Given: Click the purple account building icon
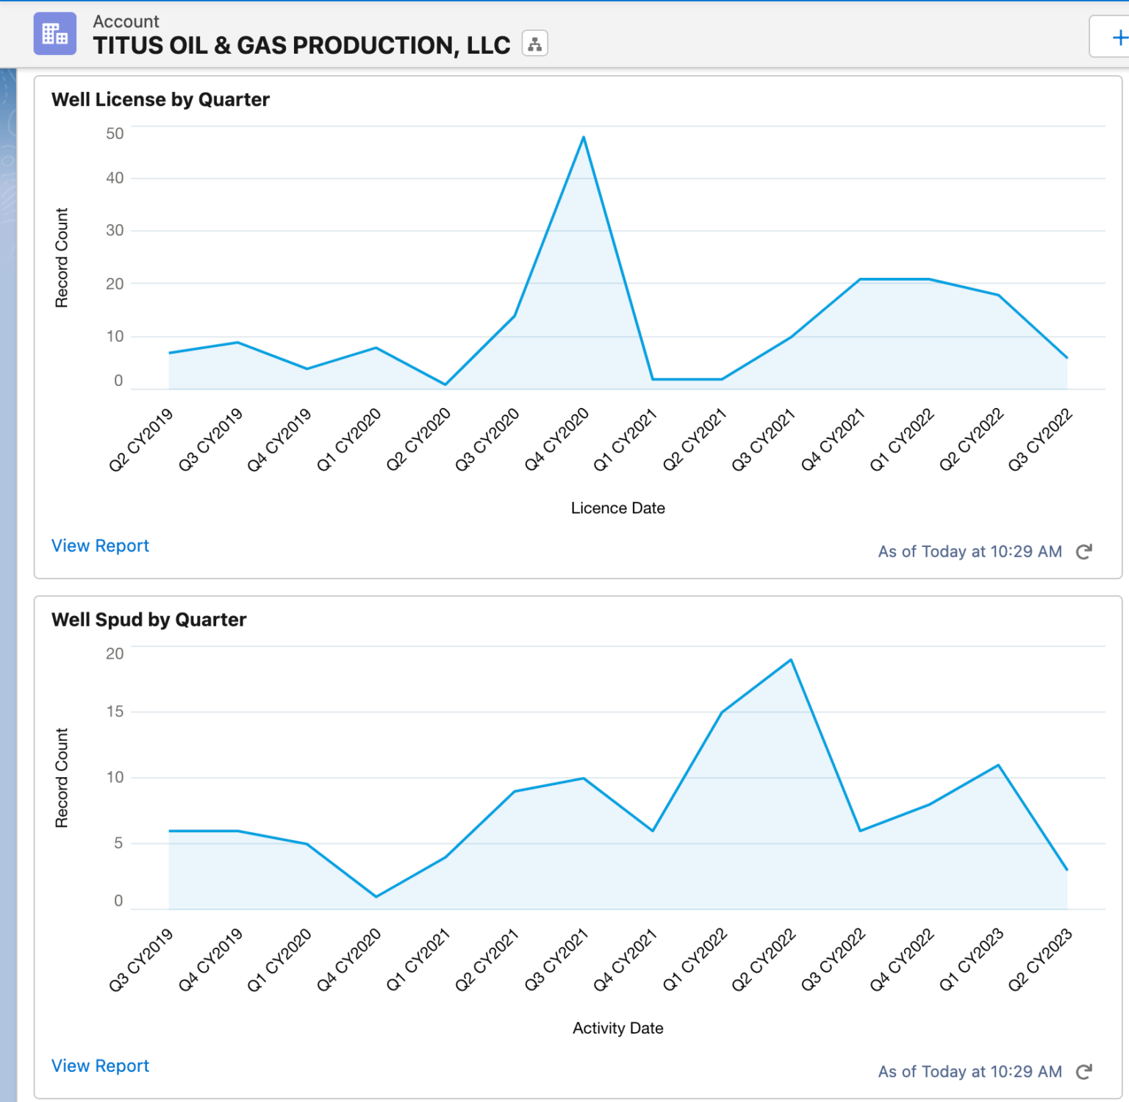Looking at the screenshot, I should point(55,34).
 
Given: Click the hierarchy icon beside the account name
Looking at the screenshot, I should point(534,44).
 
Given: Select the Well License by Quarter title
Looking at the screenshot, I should point(160,99).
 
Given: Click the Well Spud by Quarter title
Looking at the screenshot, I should point(148,620).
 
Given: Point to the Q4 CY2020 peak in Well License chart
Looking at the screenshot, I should point(584,137).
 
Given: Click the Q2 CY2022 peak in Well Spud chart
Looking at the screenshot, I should point(791,660).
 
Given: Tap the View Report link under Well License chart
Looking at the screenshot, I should point(100,545).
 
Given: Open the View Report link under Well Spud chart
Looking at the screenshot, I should point(100,1066).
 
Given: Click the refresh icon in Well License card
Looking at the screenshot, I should point(1084,551).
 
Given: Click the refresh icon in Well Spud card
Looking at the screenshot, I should point(1084,1072).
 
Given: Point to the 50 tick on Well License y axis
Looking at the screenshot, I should point(115,134).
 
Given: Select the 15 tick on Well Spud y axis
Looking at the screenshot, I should point(115,712).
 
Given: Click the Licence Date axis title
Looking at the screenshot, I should point(617,508).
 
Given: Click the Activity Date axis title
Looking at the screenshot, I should point(617,1028).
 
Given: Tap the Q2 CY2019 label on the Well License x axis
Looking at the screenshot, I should point(141,440).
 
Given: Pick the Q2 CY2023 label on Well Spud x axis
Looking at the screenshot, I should point(1040,960).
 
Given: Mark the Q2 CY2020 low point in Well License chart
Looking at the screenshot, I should point(445,384).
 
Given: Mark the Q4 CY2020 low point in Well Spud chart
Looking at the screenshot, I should point(376,896).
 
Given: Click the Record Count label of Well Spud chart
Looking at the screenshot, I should point(62,778).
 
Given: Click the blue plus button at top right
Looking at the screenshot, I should point(1119,37).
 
